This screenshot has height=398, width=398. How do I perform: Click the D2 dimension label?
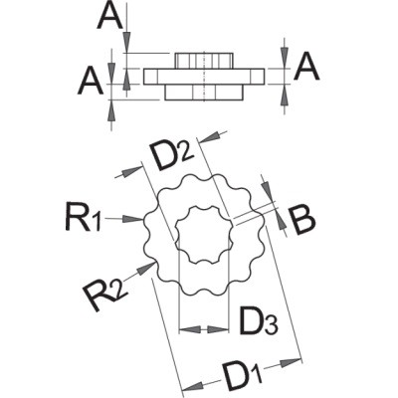pyautogui.click(x=171, y=155)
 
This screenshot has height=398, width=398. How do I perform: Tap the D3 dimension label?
pyautogui.click(x=258, y=321)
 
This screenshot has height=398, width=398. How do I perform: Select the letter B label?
pyautogui.click(x=301, y=221)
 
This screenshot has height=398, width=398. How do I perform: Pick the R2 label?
pyautogui.click(x=105, y=293)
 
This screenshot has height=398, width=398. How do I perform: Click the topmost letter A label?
pyautogui.click(x=110, y=16)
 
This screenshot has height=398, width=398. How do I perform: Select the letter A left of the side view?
pyautogui.click(x=91, y=80)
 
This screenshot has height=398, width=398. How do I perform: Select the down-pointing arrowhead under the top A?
pyautogui.click(x=127, y=42)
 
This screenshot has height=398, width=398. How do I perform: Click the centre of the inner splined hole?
pyautogui.click(x=203, y=235)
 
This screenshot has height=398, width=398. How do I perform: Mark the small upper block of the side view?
pyautogui.click(x=203, y=61)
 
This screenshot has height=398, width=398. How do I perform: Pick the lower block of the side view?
pyautogui.click(x=204, y=93)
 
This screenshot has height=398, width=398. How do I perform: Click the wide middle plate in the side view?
pyautogui.click(x=204, y=77)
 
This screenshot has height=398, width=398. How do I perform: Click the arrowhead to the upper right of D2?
pyautogui.click(x=211, y=136)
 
